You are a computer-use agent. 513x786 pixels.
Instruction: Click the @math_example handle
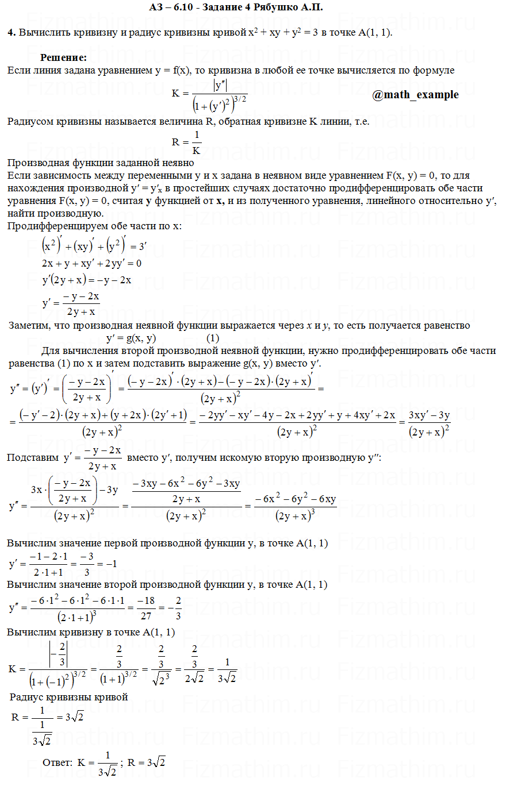415,95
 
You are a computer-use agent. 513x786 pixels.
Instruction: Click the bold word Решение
63,57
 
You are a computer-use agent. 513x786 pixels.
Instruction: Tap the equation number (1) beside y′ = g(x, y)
213,338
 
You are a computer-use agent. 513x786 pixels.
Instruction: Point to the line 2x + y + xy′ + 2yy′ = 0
91,263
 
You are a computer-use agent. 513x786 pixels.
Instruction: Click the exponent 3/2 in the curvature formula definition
240,99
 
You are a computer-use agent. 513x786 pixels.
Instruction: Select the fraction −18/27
148,608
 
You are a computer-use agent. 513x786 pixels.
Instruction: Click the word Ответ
58,763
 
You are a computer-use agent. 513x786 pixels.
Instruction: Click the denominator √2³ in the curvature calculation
155,680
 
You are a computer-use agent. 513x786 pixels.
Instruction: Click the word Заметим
28,326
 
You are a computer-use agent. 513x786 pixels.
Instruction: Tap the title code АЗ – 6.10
172,7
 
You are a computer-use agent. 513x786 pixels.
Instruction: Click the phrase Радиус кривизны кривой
69,697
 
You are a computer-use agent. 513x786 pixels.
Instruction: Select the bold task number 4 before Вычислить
11,33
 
